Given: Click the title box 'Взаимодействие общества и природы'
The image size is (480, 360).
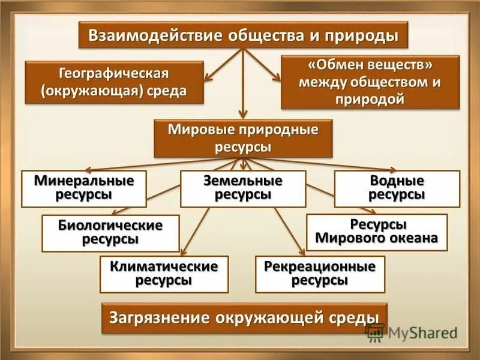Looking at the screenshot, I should [x=243, y=35].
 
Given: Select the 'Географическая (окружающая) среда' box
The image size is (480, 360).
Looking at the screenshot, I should [x=113, y=82].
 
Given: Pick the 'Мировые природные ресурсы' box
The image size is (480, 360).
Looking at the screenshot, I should [x=242, y=138].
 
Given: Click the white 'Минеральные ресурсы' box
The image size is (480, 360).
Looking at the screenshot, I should [x=84, y=188].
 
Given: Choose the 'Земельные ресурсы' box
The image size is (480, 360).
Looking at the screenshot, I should [x=243, y=188].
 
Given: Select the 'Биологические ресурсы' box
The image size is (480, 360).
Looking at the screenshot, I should [x=110, y=232].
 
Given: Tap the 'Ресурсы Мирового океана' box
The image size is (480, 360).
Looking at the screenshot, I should [x=377, y=232].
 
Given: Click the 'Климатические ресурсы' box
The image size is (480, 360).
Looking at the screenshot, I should [x=163, y=273].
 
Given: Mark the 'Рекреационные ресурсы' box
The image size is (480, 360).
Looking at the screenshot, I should [x=319, y=273].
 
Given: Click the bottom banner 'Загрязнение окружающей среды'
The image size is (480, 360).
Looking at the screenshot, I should [x=244, y=318].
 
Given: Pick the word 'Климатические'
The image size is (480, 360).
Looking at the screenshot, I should [x=163, y=266].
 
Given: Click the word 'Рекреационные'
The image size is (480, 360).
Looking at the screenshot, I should [x=319, y=266].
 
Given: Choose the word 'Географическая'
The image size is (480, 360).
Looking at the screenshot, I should [x=113, y=74].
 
